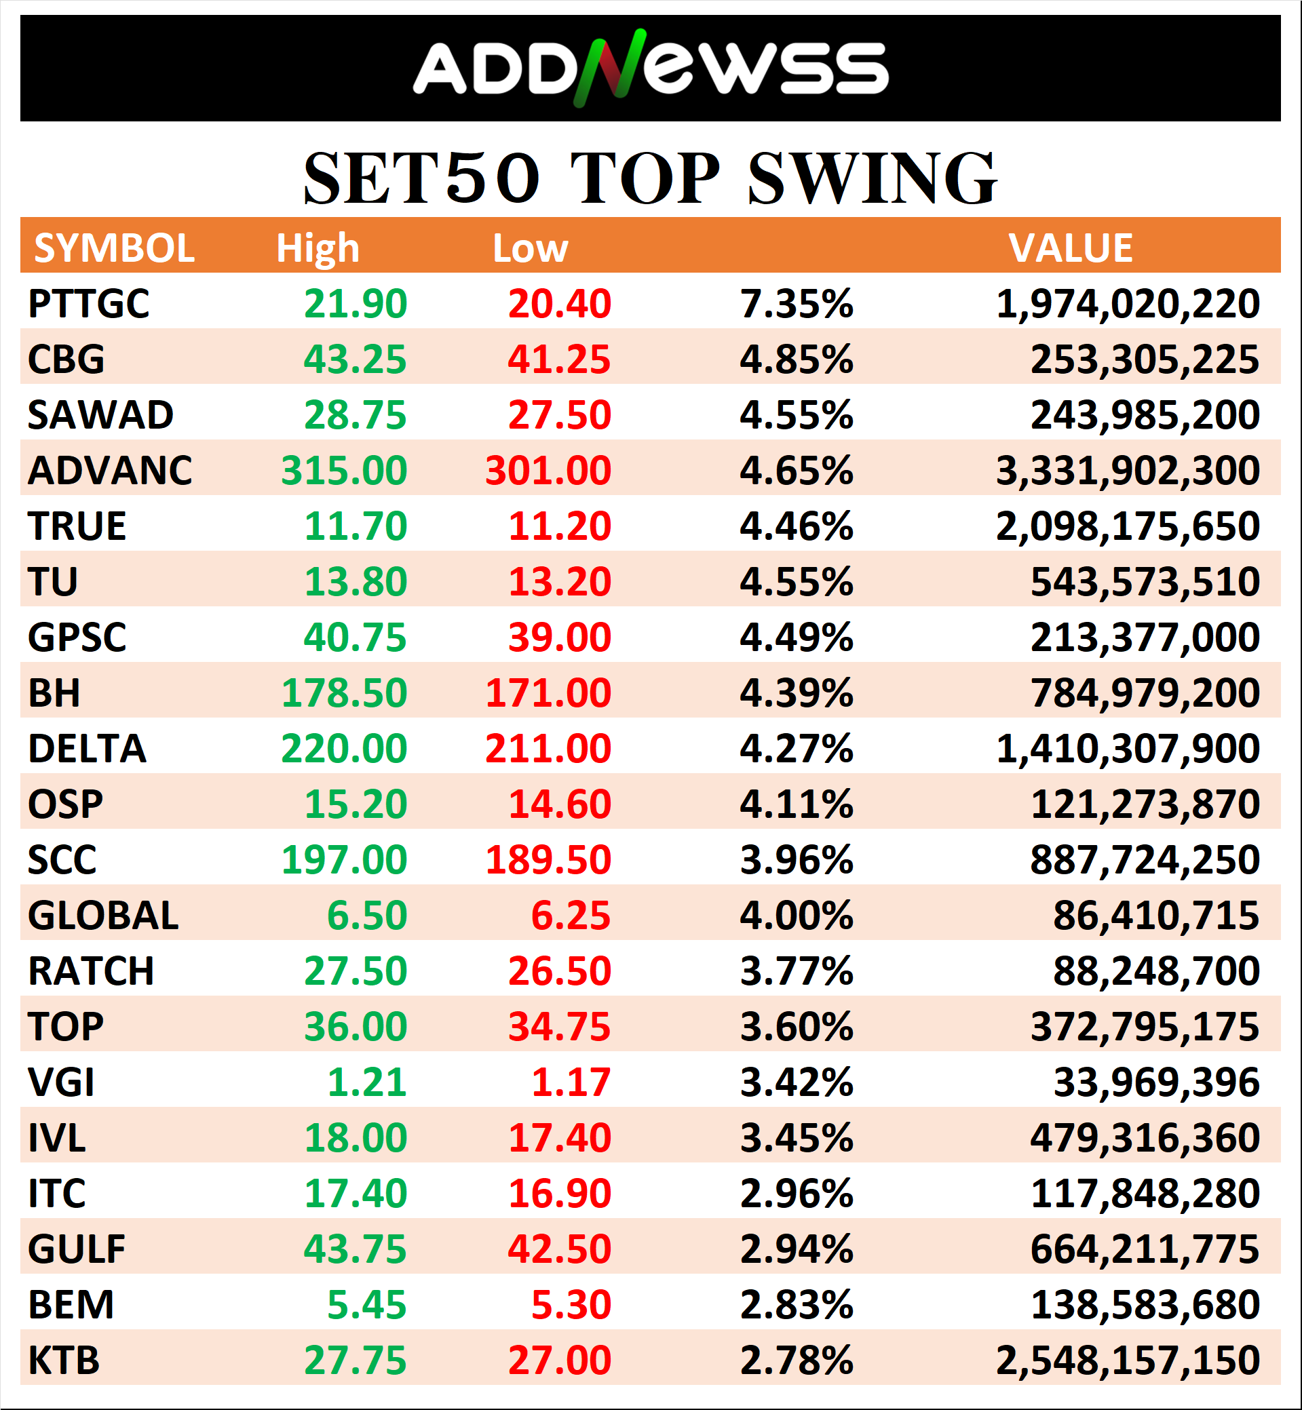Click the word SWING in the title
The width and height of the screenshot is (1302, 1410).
tap(872, 179)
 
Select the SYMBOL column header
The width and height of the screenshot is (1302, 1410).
tap(114, 248)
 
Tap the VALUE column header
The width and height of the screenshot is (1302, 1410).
tap(1070, 248)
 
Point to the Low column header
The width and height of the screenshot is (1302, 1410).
tap(530, 248)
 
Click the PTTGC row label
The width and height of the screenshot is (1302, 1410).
tap(89, 304)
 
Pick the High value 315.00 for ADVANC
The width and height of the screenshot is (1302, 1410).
tap(344, 471)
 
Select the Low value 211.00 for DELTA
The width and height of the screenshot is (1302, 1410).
tap(548, 748)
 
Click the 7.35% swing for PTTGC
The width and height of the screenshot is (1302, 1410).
tap(796, 304)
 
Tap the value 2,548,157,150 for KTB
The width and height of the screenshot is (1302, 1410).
tap(1127, 1360)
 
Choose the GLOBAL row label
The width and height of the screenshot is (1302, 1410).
tap(103, 915)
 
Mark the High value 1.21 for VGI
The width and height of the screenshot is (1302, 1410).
tap(367, 1082)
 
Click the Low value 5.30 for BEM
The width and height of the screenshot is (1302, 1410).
tap(571, 1304)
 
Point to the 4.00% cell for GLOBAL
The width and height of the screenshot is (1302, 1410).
tap(796, 915)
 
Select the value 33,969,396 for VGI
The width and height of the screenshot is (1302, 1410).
tap(1156, 1082)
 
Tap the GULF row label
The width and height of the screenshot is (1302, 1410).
tap(77, 1249)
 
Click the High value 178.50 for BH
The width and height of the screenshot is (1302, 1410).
tap(344, 692)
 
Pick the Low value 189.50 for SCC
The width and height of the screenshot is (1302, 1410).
tap(548, 859)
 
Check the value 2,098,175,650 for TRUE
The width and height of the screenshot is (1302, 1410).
tap(1127, 526)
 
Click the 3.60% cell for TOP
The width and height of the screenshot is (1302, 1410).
tap(796, 1026)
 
